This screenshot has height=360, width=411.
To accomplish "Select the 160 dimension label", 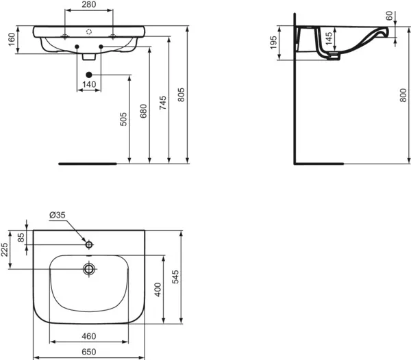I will click(10, 40).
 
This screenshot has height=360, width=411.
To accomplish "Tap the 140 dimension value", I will click(88, 84).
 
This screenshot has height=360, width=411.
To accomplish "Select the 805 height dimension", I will click(181, 97).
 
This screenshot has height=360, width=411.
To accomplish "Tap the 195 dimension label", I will click(274, 42).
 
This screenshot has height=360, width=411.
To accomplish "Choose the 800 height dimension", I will click(402, 98).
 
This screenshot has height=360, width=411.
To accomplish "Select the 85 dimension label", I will click(21, 238).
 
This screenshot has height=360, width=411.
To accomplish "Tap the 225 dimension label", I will click(5, 250).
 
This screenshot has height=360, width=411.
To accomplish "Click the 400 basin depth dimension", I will click(158, 288).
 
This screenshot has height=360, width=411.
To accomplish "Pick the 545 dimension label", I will click(175, 277).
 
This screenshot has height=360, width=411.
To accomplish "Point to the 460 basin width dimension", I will click(88, 337).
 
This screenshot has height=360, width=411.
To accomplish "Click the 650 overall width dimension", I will click(88, 351).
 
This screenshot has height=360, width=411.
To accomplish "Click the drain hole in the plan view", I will click(88, 268).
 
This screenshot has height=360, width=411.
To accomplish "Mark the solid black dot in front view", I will click(88, 73).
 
